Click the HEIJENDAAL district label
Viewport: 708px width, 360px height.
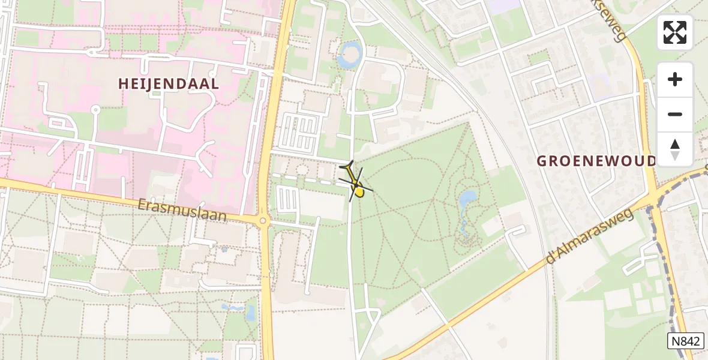click(x=169, y=84)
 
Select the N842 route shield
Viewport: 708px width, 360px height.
click(x=685, y=341)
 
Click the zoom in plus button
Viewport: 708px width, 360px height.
click(x=675, y=79)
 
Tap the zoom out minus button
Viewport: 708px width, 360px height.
click(x=675, y=114)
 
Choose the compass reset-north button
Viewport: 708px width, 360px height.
click(x=675, y=149)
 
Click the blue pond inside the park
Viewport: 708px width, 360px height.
click(x=467, y=199)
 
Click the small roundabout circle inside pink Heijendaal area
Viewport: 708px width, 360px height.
click(x=95, y=109)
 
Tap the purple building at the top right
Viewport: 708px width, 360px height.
click(x=505, y=6)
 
